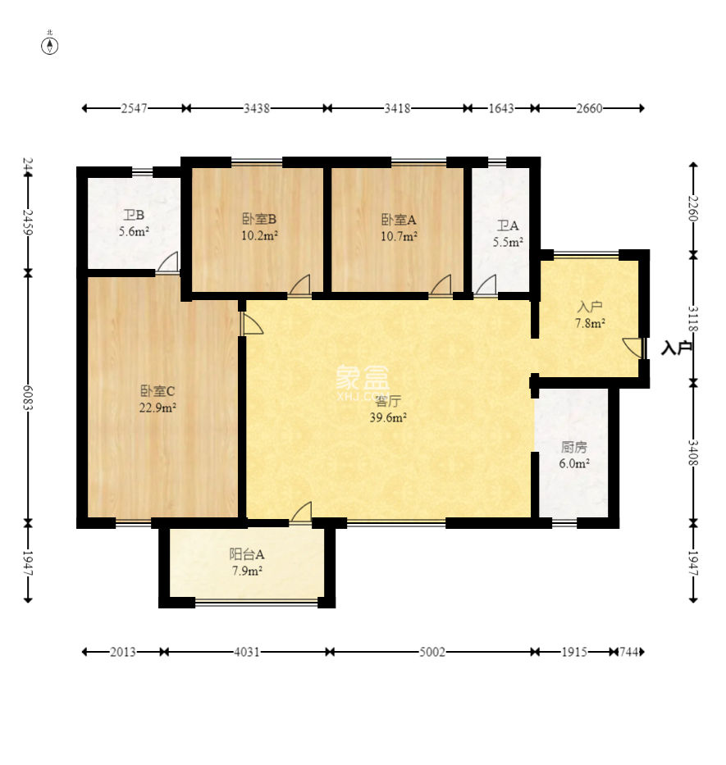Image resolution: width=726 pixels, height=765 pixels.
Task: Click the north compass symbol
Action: point(50,46)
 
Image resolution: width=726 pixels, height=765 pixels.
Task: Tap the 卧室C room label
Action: point(158,391)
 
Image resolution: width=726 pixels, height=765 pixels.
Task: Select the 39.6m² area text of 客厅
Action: point(388,417)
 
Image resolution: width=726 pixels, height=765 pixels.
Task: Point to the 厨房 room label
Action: point(573,447)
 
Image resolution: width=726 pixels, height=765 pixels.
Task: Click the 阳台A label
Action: point(247,554)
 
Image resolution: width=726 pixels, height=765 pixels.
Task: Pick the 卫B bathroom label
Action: point(134,215)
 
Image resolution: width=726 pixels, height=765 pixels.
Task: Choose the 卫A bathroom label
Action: point(508,225)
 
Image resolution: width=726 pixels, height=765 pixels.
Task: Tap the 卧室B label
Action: point(259,219)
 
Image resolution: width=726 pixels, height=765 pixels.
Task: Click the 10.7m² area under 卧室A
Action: point(399,237)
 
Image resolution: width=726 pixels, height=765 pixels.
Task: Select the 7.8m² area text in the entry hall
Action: point(590,323)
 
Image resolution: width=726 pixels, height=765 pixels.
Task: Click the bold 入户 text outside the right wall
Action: point(677,348)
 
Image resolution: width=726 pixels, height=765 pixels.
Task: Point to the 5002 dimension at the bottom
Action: point(432,652)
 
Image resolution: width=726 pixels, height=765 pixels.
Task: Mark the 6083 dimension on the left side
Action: point(28,398)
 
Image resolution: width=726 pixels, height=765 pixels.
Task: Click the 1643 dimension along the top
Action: point(501,108)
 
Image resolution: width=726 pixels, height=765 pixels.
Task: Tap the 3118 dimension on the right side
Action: point(693,319)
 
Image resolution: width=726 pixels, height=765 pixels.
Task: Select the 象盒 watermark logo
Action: point(363,377)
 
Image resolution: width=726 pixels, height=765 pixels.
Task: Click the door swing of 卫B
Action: point(168,262)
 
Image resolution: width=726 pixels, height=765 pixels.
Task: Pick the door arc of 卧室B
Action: point(299,285)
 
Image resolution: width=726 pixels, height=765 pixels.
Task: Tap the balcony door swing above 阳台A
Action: point(301,512)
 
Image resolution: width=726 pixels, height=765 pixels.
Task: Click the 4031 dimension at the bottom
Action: point(247,652)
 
